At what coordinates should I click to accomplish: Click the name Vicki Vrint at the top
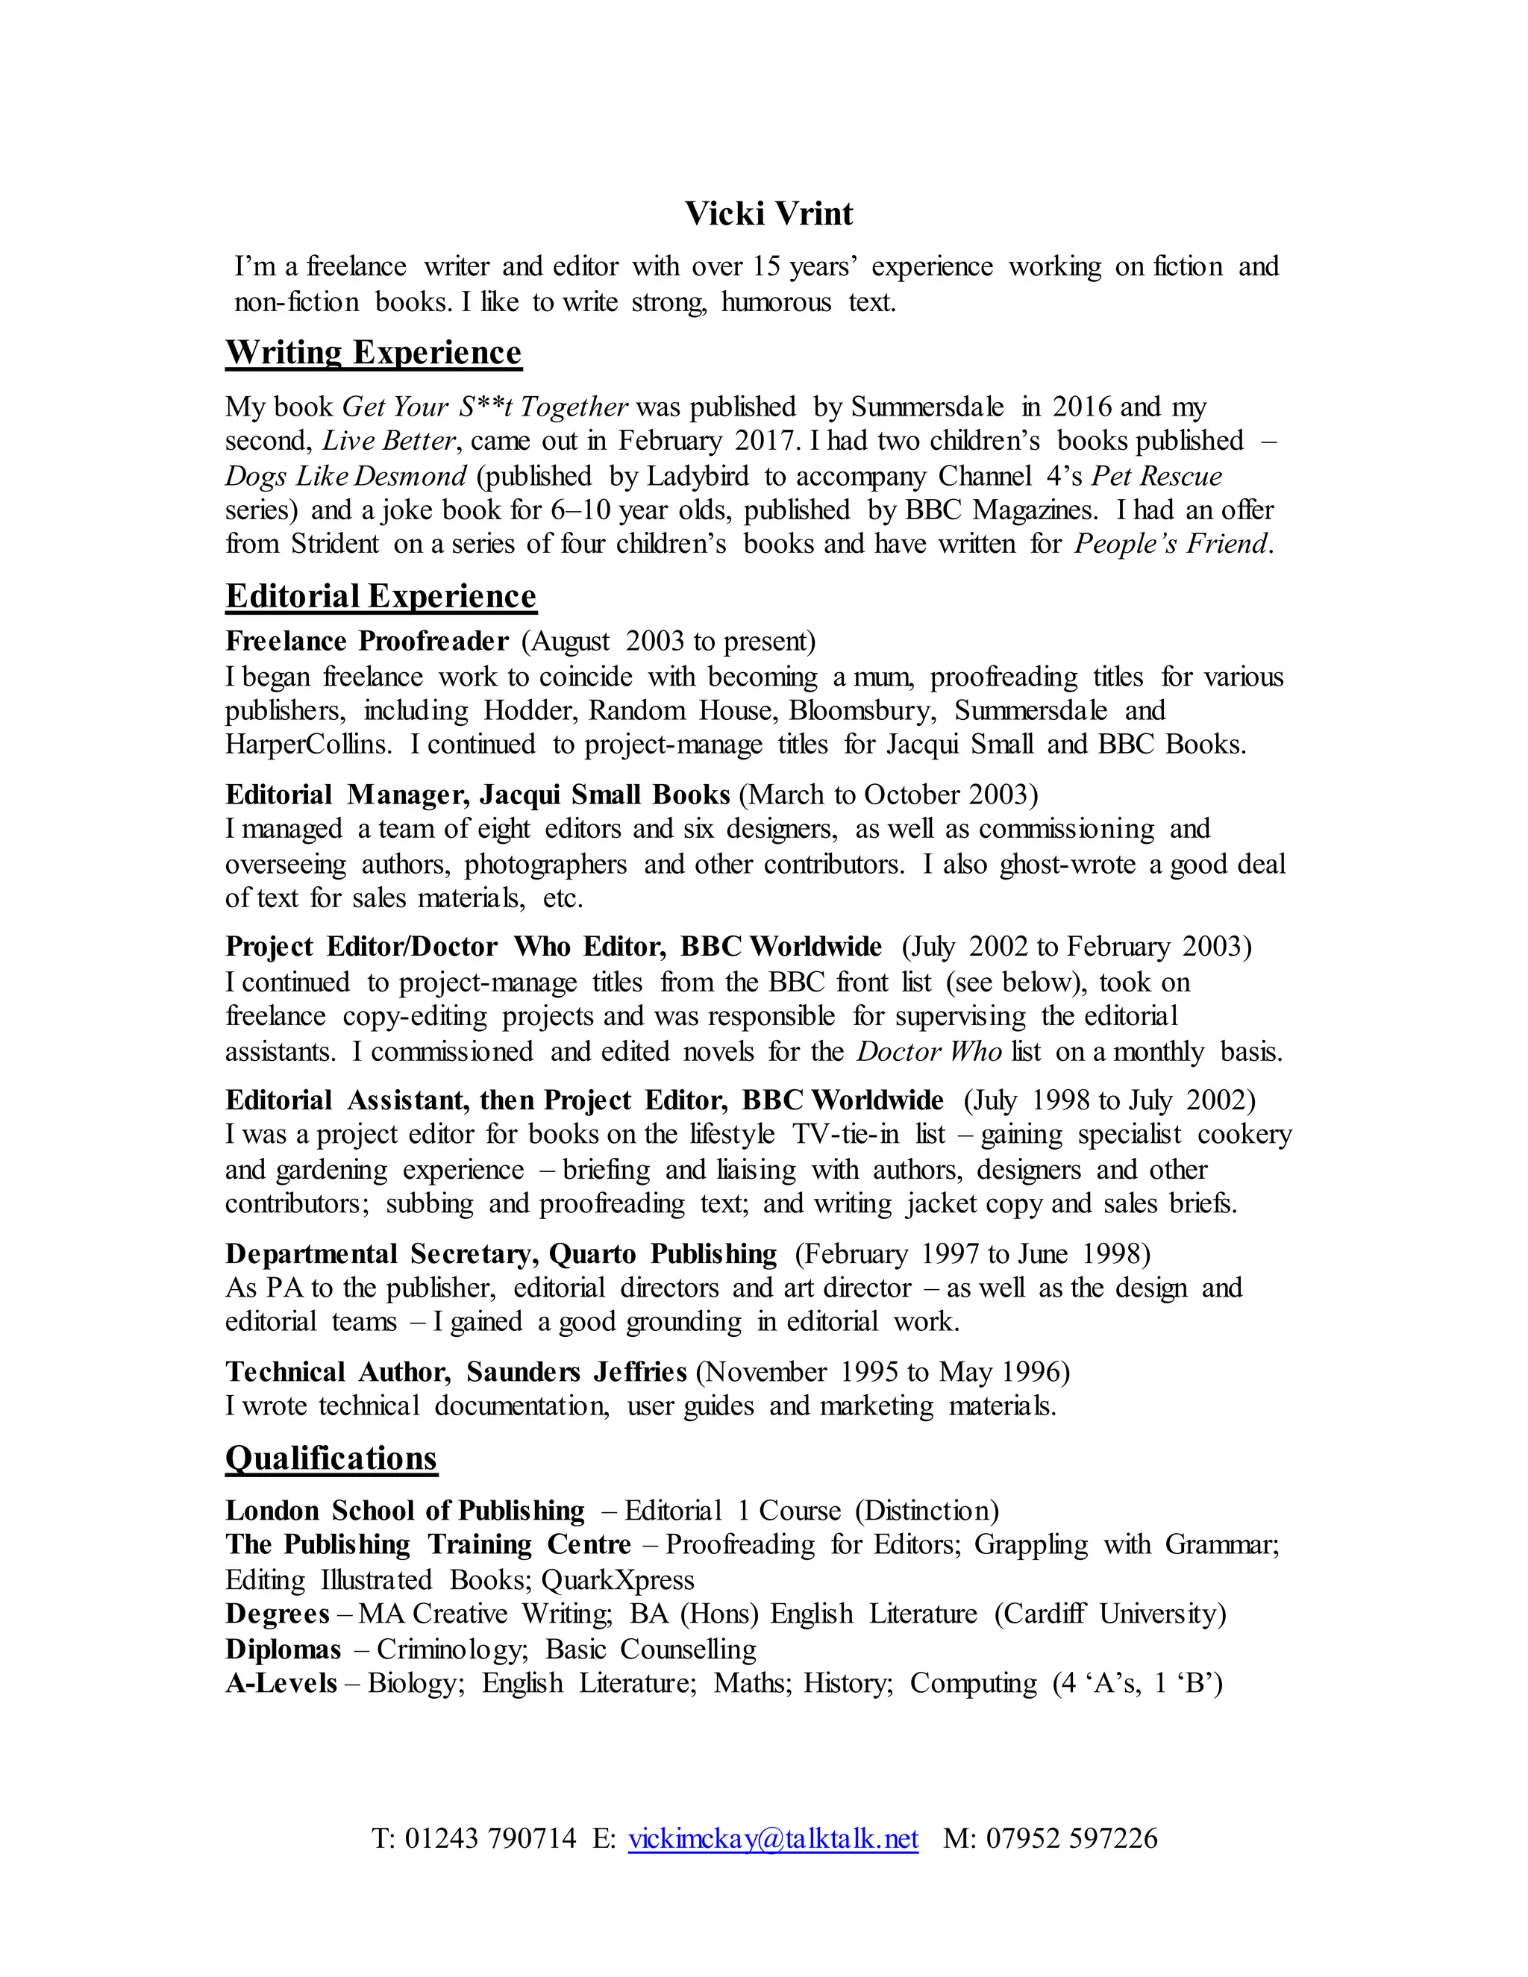(x=768, y=213)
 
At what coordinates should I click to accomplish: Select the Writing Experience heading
(x=373, y=352)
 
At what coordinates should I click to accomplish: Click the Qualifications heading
(x=331, y=1458)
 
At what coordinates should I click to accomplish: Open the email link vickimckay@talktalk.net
(x=773, y=1837)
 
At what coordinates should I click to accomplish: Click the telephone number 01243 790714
(x=489, y=1837)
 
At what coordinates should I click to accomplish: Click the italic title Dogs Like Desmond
(x=345, y=475)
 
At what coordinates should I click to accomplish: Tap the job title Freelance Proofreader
(x=366, y=641)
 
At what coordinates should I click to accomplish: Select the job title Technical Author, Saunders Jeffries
(x=456, y=1371)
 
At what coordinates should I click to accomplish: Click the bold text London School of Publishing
(x=404, y=1510)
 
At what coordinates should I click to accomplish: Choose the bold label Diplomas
(x=283, y=1649)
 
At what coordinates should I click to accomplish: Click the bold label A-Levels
(x=281, y=1683)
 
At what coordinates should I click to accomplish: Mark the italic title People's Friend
(x=1171, y=544)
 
